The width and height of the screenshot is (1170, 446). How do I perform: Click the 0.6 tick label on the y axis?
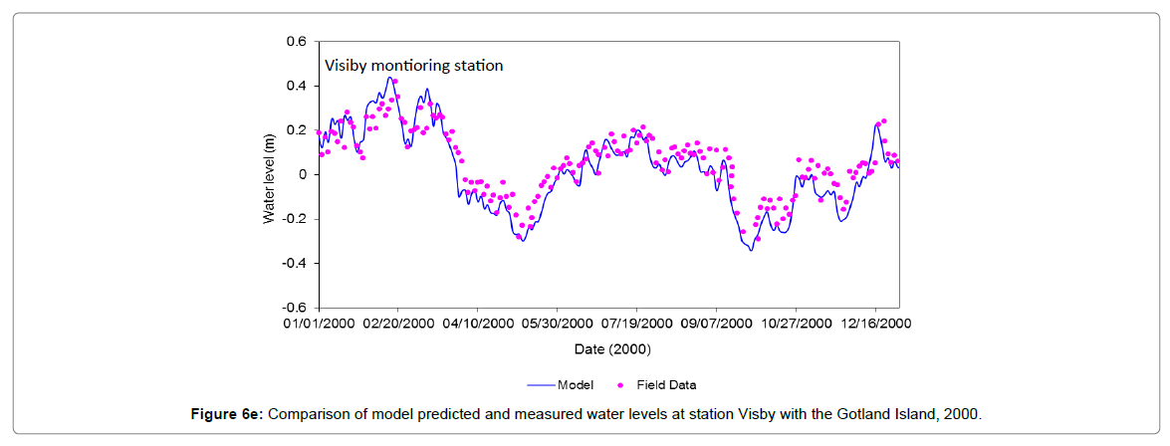pos(296,42)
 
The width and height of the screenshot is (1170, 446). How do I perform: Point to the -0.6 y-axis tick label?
pos(294,308)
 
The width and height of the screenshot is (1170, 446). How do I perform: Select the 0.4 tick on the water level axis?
pos(296,86)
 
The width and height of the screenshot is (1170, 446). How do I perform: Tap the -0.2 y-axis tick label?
pos(294,219)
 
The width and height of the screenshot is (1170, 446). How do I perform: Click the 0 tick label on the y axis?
pos(303,174)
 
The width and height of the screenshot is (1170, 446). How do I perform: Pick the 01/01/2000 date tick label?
pos(319,325)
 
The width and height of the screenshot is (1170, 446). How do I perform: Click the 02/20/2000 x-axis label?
pos(398,325)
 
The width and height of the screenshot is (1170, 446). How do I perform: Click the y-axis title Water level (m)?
pos(269,174)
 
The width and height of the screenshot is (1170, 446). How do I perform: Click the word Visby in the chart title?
pos(346,66)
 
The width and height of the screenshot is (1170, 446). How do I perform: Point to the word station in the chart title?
pos(478,66)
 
